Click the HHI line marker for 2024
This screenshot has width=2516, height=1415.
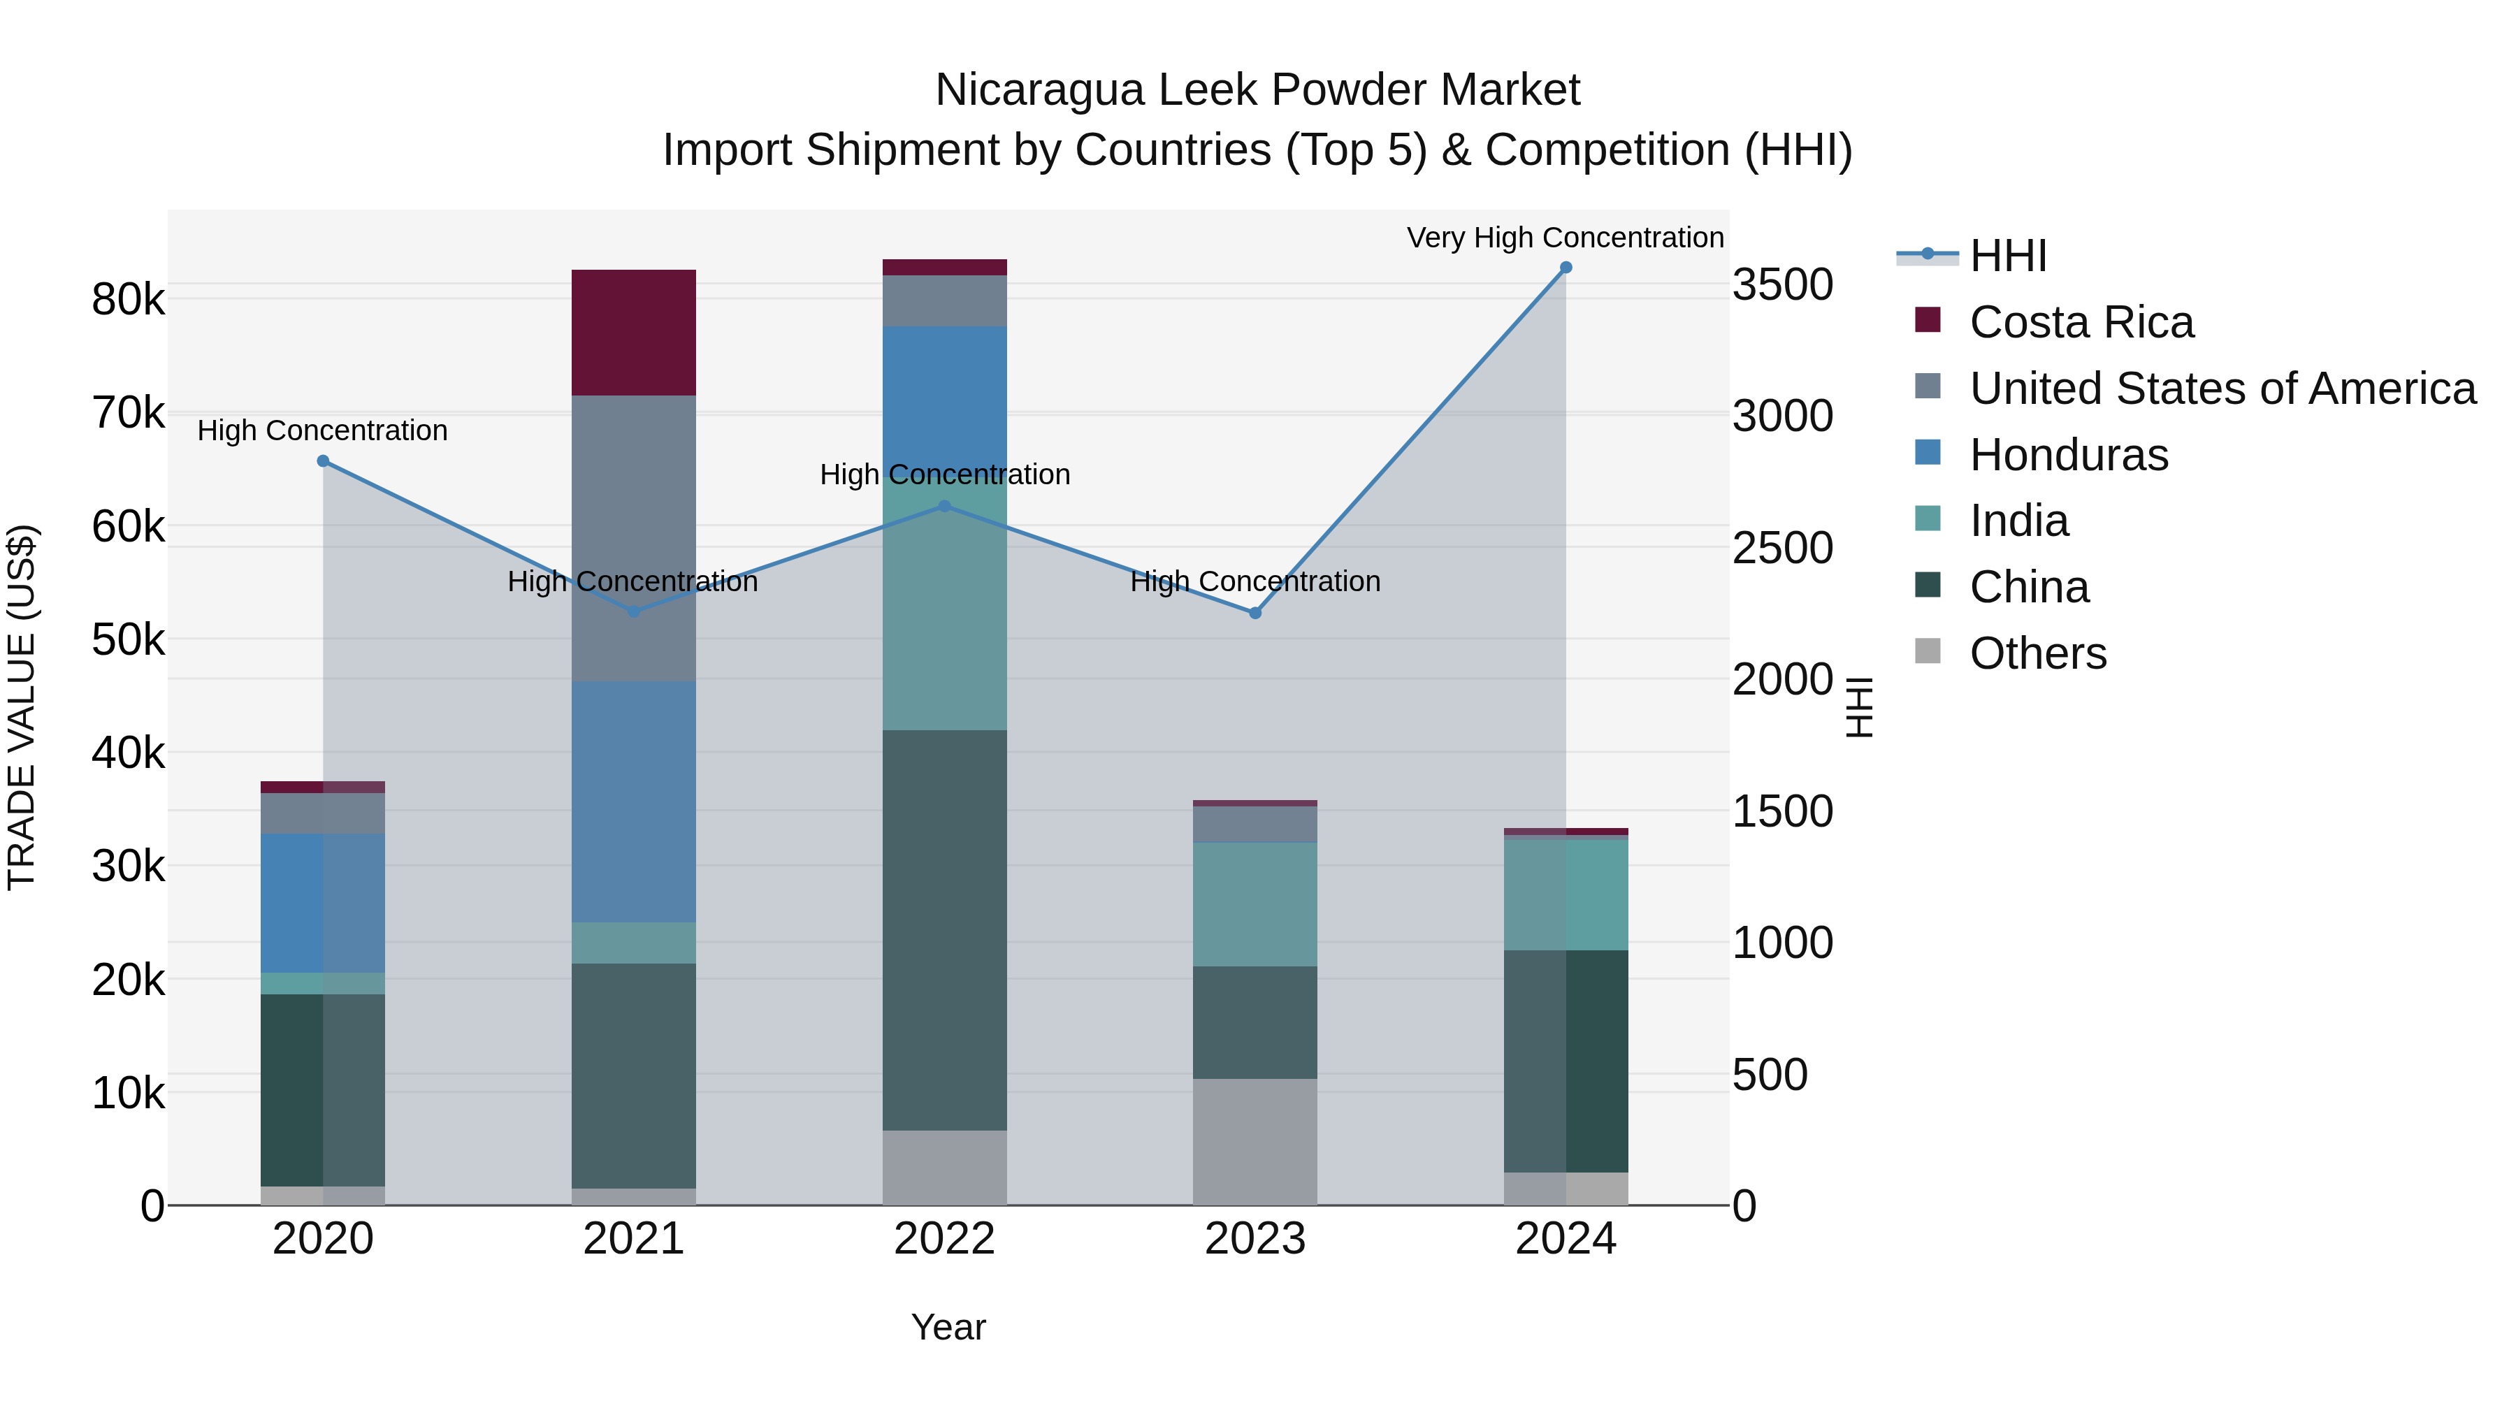pos(1566,268)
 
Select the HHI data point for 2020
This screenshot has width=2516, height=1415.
pos(324,461)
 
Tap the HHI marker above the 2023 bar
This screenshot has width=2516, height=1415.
pos(1255,614)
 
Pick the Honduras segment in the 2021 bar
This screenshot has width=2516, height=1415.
pos(633,801)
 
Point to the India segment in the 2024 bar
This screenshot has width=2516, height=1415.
pos(1566,894)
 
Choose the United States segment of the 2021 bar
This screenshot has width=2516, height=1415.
pos(633,537)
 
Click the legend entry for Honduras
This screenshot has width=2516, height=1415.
pos(2068,455)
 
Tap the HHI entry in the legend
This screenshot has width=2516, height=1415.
pos(2007,256)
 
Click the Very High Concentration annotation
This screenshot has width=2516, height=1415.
pos(1565,238)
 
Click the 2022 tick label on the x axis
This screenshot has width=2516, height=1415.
pos(944,1239)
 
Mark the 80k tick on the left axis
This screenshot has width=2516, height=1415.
pos(128,300)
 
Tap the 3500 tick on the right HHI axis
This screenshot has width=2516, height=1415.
pos(1782,285)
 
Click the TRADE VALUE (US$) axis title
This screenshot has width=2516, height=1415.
pos(22,707)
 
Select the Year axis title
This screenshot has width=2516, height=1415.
pos(948,1327)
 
